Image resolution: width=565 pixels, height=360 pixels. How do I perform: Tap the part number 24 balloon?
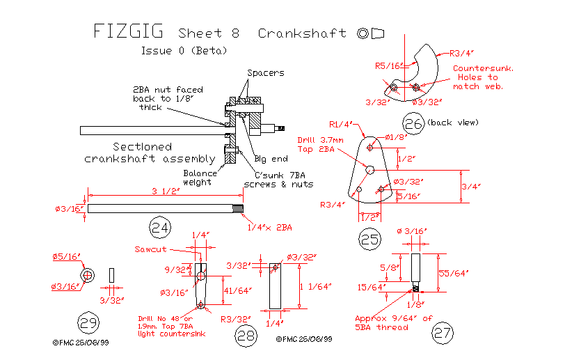(x=161, y=227)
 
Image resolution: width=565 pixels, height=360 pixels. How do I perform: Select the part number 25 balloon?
(x=369, y=240)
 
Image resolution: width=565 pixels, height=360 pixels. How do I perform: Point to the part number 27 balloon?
(x=443, y=333)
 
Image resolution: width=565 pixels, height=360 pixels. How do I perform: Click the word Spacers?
(x=265, y=72)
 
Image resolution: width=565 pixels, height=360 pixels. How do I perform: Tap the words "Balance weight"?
(x=200, y=178)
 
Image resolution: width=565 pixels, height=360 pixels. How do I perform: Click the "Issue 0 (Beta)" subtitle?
(x=184, y=51)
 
